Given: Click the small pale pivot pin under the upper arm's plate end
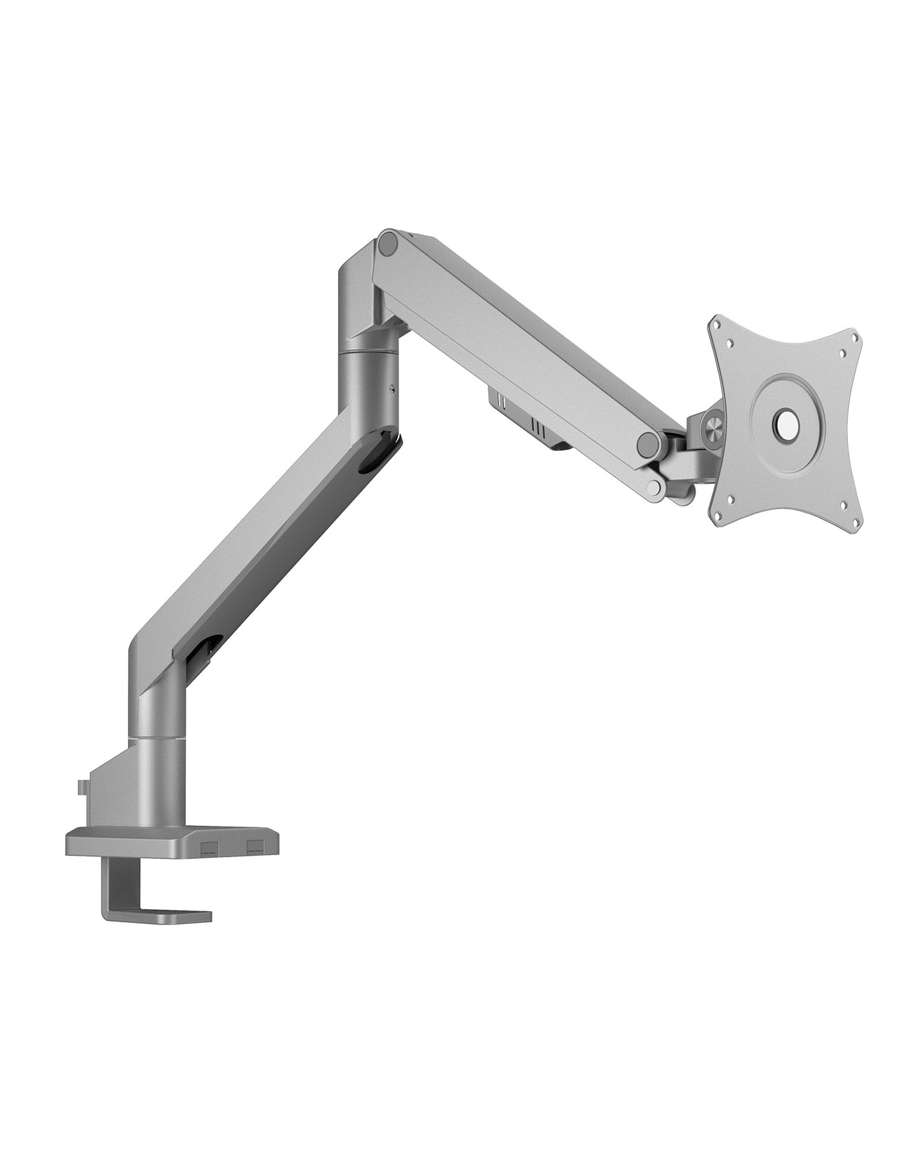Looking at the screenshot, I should (654, 488).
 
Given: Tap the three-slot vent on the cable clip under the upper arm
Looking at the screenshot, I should (538, 427).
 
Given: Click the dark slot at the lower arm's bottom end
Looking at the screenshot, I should (203, 650).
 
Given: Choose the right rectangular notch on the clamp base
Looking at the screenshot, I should (256, 846).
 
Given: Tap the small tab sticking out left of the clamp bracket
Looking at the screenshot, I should (81, 787).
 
